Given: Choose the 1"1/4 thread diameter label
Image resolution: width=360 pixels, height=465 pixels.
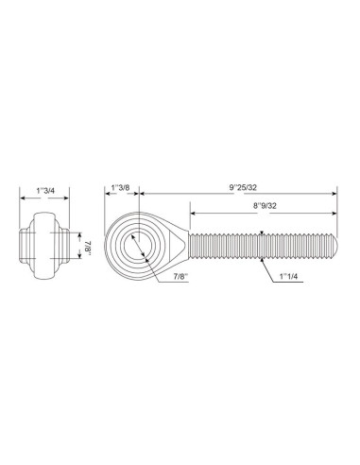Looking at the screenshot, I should (x=291, y=276).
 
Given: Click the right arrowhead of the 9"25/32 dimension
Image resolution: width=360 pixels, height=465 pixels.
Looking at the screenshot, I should (x=334, y=195).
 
